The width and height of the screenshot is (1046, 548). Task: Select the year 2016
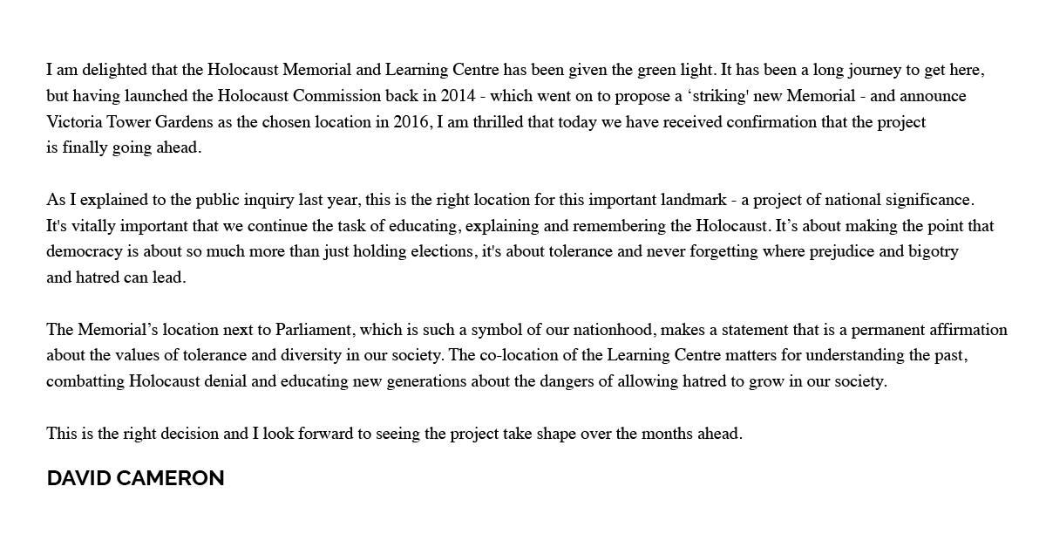pyautogui.click(x=410, y=122)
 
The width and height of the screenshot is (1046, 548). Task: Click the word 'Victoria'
pyautogui.click(x=76, y=122)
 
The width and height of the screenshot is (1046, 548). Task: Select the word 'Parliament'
pyautogui.click(x=314, y=331)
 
